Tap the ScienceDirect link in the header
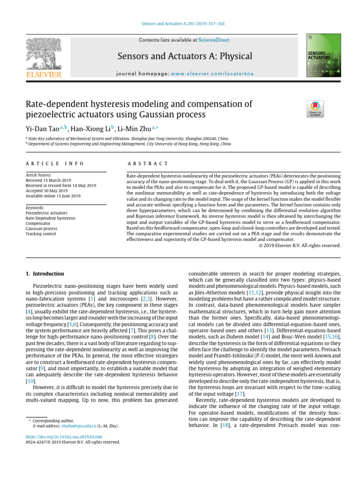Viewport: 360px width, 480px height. coord(214,40)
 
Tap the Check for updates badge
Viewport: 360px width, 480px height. coord(315,109)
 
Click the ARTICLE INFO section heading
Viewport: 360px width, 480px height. coord(55,164)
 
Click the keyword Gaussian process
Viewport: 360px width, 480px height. coord(41,228)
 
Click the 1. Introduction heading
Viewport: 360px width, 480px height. coord(45,273)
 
